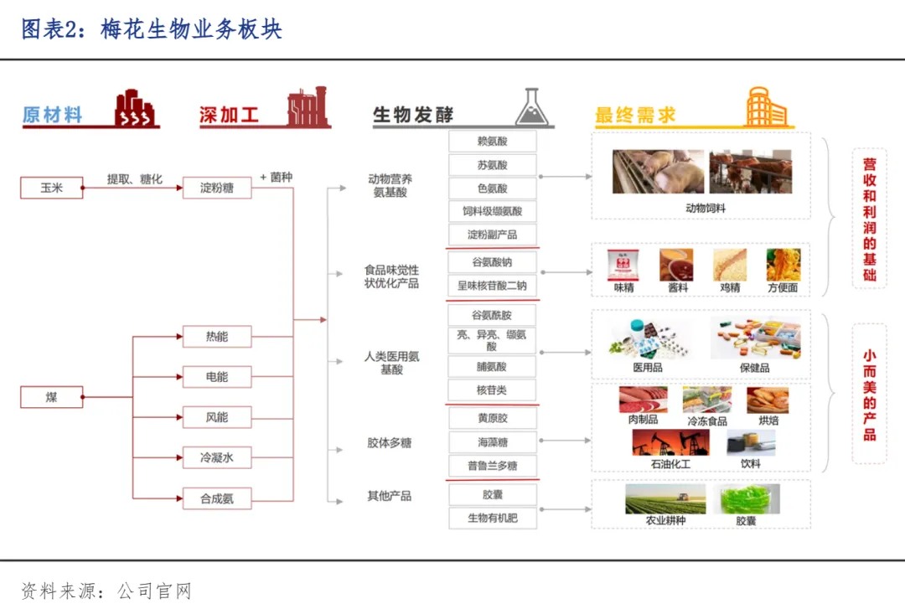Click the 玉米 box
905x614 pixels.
click(51, 188)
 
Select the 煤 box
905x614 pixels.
click(51, 397)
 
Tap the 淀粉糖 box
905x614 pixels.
click(216, 188)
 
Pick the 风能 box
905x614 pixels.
click(216, 417)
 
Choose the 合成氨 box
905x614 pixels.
click(216, 498)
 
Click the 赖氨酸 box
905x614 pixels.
click(492, 142)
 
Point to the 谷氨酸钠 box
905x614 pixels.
click(492, 262)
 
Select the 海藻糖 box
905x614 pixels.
click(492, 442)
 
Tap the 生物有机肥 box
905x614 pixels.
click(492, 518)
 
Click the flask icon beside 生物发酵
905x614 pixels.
click(533, 108)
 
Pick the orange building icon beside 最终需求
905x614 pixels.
click(766, 107)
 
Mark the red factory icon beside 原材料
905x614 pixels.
click(136, 108)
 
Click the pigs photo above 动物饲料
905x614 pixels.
click(657, 172)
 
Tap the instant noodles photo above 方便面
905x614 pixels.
click(783, 265)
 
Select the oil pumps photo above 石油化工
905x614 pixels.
click(670, 442)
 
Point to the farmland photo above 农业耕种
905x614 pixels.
click(665, 499)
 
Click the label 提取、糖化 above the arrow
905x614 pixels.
click(134, 179)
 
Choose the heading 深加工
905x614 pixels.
click(229, 116)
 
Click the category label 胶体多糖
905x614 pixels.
click(389, 442)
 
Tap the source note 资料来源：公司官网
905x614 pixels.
click(106, 591)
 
